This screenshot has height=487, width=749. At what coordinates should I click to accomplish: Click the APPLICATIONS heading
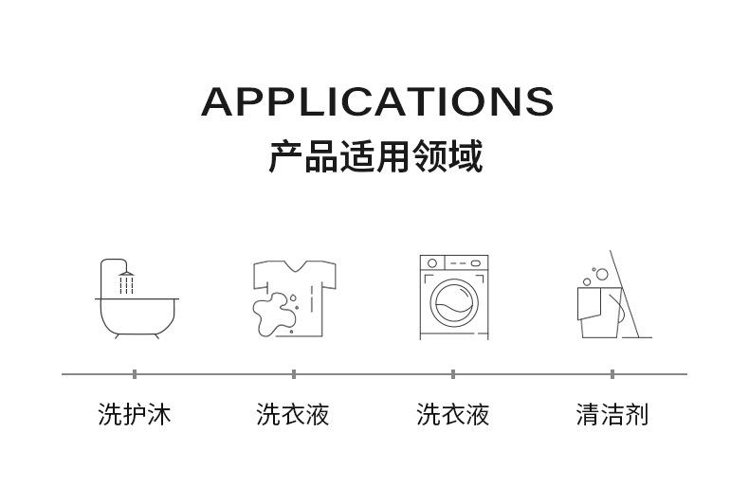[x=376, y=101]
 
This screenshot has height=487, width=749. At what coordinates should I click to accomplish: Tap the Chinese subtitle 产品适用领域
[x=375, y=156]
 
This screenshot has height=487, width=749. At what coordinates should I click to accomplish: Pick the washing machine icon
[x=453, y=297]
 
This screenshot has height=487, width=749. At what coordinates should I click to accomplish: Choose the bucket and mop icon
[x=612, y=298]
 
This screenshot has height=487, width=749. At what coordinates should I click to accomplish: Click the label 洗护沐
[x=135, y=414]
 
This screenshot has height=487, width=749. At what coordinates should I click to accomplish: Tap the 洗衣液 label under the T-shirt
[x=293, y=414]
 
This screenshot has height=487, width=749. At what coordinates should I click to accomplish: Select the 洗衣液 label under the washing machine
[x=453, y=414]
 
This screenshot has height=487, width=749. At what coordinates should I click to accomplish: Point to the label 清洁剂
[x=612, y=414]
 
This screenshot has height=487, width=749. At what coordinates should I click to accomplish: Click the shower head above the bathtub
[x=126, y=274]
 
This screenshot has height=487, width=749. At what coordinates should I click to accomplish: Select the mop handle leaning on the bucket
[x=628, y=294]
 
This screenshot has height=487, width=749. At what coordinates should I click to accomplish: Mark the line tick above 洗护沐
[x=135, y=374]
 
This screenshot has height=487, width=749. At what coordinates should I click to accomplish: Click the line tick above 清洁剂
[x=612, y=374]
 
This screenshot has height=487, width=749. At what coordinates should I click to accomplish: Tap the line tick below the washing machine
[x=453, y=374]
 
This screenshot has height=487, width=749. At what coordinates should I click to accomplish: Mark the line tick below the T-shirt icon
[x=294, y=374]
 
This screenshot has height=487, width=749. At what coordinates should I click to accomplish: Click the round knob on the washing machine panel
[x=433, y=263]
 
